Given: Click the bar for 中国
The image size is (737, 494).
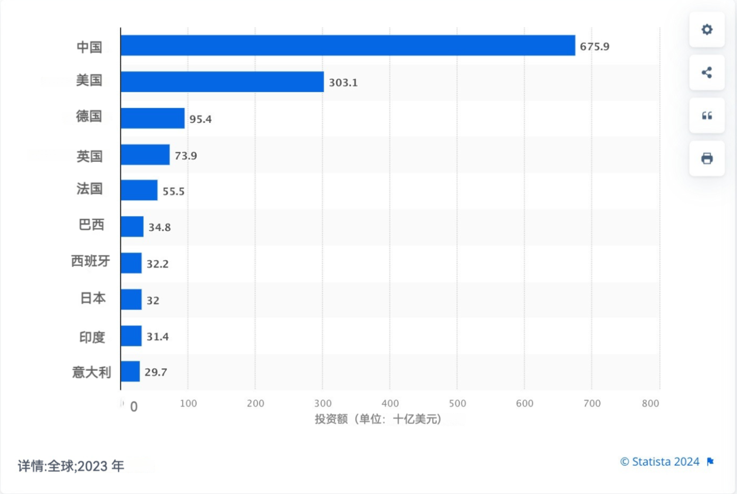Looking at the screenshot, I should [x=348, y=45].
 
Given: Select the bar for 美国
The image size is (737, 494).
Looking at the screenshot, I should [x=222, y=82].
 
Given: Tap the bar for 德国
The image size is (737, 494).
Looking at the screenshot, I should [x=152, y=118].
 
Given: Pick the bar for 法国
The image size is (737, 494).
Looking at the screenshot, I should [x=139, y=190].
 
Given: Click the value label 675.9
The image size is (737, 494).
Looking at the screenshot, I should [x=594, y=47].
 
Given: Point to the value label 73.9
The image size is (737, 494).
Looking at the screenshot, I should [x=186, y=156].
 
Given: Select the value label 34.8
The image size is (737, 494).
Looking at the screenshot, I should [x=159, y=227].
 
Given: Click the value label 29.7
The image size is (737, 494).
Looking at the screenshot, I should [x=156, y=372].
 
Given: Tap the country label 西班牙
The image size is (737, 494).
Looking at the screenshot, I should [x=91, y=261].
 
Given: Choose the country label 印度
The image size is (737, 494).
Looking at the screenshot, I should [x=92, y=337].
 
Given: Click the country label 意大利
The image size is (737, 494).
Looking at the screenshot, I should [x=91, y=372].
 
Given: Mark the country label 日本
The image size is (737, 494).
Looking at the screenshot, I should [x=93, y=298].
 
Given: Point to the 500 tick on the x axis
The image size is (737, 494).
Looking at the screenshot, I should [x=457, y=403].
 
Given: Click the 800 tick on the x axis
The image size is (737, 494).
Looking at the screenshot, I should [x=650, y=403].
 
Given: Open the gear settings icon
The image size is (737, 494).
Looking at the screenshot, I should [x=707, y=30].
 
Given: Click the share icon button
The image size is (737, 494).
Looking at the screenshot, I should [x=707, y=72].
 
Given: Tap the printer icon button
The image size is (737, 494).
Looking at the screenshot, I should [x=707, y=159].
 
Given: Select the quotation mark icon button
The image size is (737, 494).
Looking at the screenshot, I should [x=707, y=116].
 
